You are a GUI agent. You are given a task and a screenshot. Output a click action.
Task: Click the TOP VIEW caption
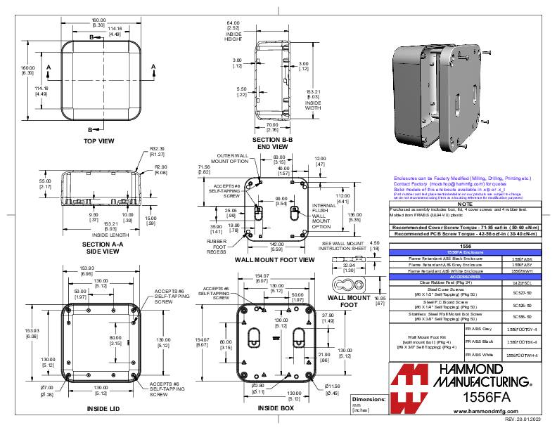pos(99,141)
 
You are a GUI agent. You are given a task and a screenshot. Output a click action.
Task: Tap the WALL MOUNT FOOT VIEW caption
pos(274,260)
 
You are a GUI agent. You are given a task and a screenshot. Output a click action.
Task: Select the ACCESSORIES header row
pos(465,277)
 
